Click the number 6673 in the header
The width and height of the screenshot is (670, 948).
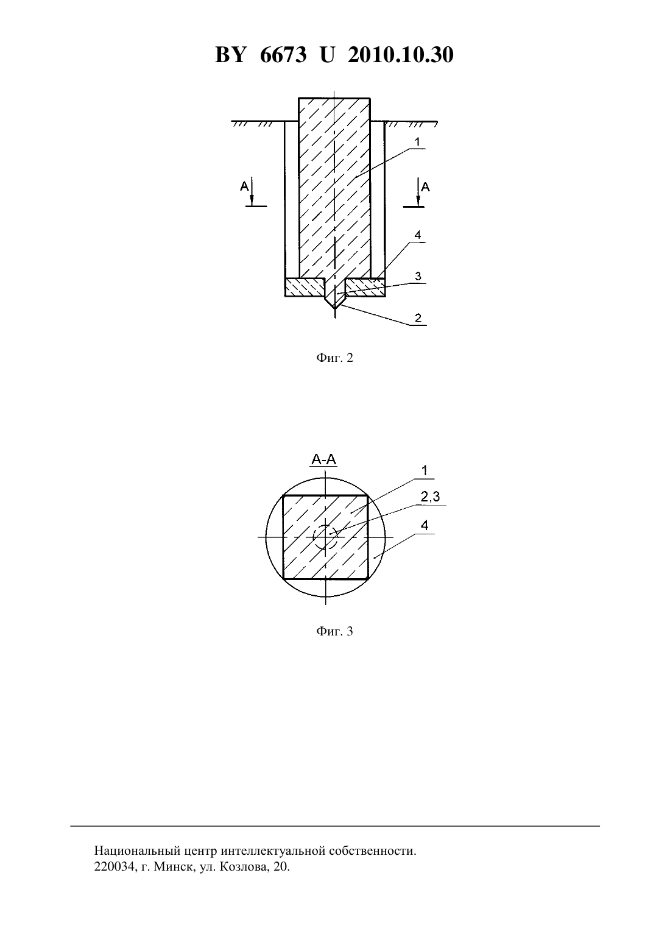click(283, 55)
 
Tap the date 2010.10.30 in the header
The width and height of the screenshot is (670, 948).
click(401, 55)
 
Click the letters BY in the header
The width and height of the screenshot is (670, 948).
click(230, 55)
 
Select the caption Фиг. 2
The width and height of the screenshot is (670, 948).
click(334, 358)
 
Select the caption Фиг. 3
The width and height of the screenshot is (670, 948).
click(334, 631)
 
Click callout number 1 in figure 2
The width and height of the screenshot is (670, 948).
click(417, 142)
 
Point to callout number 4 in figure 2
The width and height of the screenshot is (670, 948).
click(418, 235)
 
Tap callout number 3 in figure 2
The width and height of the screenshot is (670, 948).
click(418, 277)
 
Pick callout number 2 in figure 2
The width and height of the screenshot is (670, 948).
click(418, 318)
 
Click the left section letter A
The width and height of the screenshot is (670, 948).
click(244, 186)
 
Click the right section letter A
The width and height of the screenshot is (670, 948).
click(426, 186)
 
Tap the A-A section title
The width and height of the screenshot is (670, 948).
click(324, 459)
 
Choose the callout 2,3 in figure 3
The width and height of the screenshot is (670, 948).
click(431, 497)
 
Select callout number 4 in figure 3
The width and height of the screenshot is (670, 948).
click(425, 525)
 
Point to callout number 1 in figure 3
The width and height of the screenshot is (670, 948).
click(425, 470)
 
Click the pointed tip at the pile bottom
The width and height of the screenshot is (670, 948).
click(334, 308)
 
